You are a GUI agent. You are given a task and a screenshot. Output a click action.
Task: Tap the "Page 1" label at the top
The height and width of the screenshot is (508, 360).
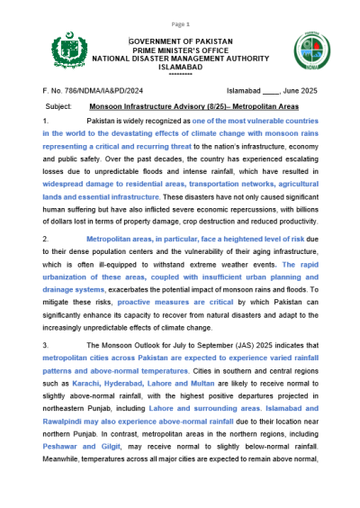coord(180,23)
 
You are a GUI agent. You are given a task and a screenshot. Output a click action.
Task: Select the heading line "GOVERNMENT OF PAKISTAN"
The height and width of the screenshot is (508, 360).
coord(180,41)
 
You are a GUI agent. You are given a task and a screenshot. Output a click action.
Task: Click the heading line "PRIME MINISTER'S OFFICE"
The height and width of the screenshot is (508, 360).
coord(180,50)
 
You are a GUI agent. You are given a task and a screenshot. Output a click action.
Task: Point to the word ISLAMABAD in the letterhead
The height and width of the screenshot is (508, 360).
coord(180,67)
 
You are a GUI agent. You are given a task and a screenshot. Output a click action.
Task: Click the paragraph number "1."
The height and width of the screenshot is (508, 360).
coord(47,120)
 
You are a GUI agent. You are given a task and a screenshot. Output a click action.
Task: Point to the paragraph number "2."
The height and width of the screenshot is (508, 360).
coord(47,238)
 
